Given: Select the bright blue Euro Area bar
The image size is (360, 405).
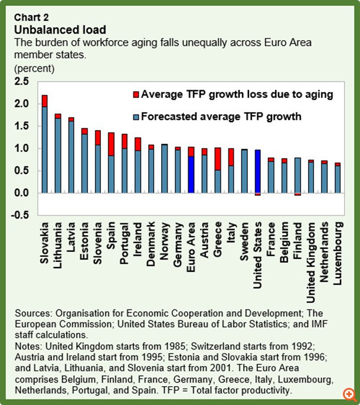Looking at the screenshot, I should tap(191, 171).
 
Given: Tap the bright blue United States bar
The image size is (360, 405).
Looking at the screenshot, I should tap(257, 172).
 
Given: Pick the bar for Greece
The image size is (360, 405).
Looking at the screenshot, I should tap(217, 170).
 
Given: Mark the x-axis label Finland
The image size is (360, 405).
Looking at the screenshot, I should tap(297, 241).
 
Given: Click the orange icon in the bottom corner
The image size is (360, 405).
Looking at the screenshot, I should tap(349, 394).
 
